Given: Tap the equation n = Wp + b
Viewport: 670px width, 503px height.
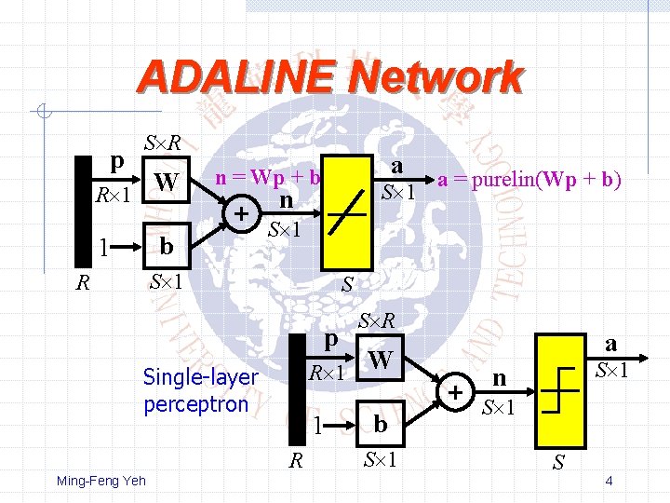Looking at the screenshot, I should click(268, 177).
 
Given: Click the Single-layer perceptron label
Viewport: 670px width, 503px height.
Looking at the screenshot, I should click(200, 390).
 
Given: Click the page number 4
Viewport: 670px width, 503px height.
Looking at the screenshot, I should click(608, 482).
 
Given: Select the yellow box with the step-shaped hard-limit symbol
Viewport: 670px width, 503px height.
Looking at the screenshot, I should click(559, 388).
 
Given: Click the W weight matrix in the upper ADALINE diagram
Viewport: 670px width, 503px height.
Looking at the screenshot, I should click(167, 182).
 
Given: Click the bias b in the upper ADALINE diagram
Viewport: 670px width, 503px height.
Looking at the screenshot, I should click(167, 247).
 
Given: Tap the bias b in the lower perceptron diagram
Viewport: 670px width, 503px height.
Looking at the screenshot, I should click(380, 425).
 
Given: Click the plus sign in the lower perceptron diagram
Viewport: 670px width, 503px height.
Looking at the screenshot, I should click(456, 392).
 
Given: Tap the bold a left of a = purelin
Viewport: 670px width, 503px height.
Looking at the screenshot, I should click(397, 166).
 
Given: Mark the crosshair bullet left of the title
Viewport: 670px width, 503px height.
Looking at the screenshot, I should click(42, 114).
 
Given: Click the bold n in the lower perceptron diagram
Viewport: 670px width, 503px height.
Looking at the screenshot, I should click(500, 378).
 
